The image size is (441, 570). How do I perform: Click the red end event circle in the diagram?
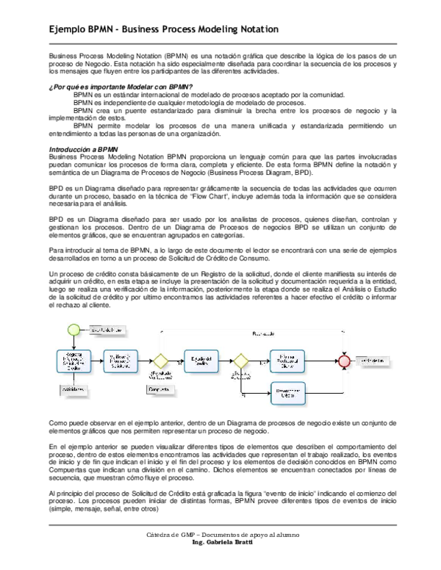tap(343, 361)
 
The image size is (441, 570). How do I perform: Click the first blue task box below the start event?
tap(73, 361)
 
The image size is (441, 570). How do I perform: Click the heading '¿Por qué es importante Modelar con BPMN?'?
tap(115, 87)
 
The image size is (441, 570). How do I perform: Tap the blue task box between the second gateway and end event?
tap(290, 361)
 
